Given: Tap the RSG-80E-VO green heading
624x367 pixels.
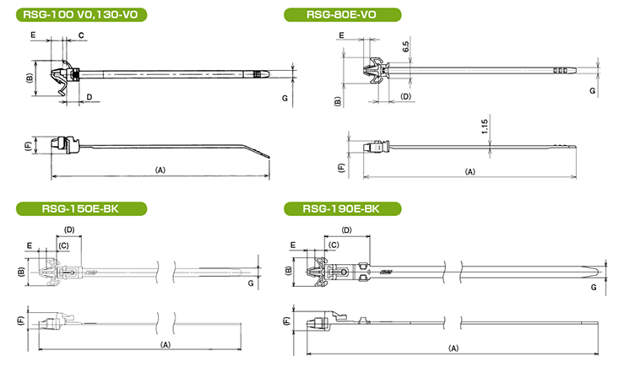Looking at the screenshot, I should [341, 13].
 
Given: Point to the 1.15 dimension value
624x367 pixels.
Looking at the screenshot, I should [486, 127].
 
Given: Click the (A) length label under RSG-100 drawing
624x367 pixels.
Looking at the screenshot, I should [160, 170].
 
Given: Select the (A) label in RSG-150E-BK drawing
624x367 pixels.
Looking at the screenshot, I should [165, 344].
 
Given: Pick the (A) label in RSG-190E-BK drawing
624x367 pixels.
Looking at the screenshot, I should [453, 348].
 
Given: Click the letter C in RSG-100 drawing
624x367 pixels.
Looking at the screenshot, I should [81, 35].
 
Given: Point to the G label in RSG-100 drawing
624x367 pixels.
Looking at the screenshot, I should [285, 98].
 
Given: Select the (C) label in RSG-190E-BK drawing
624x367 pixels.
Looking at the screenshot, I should [334, 244].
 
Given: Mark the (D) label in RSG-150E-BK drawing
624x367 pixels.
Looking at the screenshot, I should [70, 229].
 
